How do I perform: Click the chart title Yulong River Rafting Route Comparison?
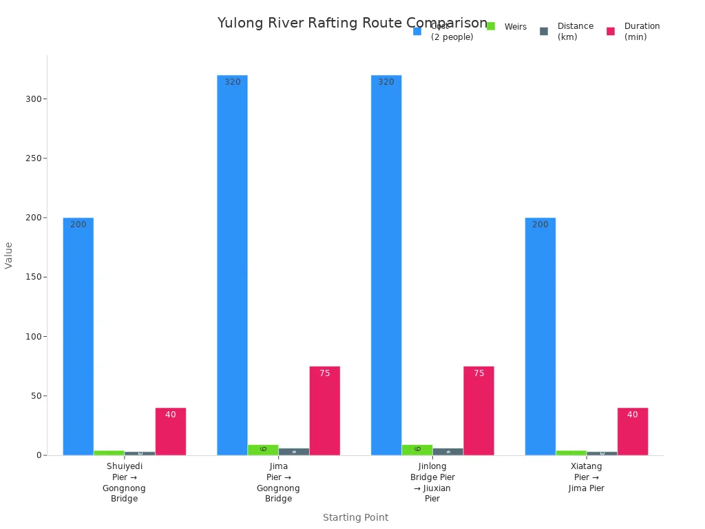[x=352, y=23]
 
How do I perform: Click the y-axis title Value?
[x=9, y=255]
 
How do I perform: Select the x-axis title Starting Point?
[x=355, y=517]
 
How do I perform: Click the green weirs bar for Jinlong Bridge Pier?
[x=417, y=450]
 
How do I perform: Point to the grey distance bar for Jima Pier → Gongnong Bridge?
[x=294, y=452]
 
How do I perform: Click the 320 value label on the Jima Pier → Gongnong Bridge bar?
[x=233, y=82]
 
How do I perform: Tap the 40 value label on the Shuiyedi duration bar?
[x=171, y=415]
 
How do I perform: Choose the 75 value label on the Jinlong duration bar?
[x=478, y=373]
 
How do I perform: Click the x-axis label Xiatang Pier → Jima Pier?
[x=587, y=477]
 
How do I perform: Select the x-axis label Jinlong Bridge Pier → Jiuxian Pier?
[x=432, y=482]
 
